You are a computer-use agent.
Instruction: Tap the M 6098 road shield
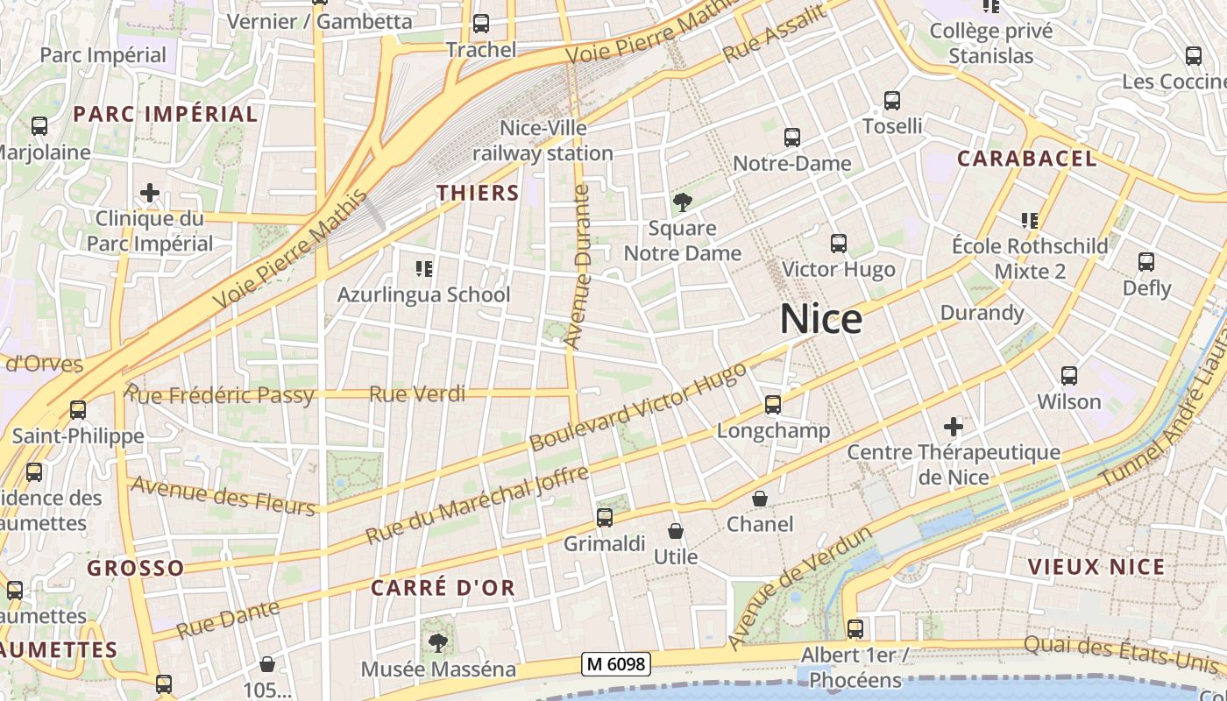click(x=616, y=664)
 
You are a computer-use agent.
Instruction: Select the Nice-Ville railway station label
click(x=543, y=141)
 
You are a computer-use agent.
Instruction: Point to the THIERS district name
click(x=478, y=193)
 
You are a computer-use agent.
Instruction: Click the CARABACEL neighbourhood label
click(x=1026, y=159)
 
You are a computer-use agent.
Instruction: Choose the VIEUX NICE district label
click(x=1096, y=566)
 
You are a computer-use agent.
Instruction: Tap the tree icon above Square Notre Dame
click(x=682, y=203)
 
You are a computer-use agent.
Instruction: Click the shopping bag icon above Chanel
click(x=760, y=499)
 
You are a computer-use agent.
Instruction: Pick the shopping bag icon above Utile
click(x=676, y=531)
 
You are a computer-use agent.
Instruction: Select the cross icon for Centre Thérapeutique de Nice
click(x=954, y=427)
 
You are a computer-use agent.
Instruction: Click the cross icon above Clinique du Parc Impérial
click(x=150, y=192)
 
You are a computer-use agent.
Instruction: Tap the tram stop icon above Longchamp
click(x=773, y=404)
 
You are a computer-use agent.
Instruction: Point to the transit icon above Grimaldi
click(x=605, y=517)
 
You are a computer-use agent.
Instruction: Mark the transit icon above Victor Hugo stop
click(x=839, y=243)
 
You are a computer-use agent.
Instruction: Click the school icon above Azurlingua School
click(x=424, y=268)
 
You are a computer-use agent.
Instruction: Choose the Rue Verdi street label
click(x=417, y=394)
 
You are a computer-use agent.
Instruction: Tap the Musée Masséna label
click(x=438, y=669)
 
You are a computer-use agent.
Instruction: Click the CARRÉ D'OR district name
click(x=443, y=588)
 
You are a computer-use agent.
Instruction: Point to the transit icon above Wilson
click(x=1069, y=376)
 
